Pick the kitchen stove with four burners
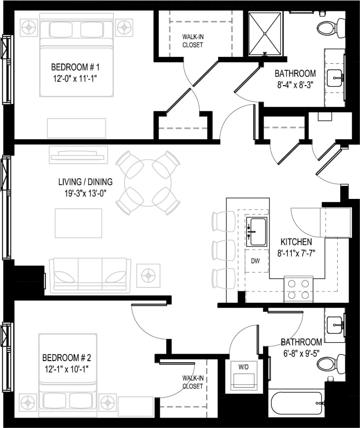click(x=299, y=289)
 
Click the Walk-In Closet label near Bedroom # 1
click(x=192, y=41)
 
